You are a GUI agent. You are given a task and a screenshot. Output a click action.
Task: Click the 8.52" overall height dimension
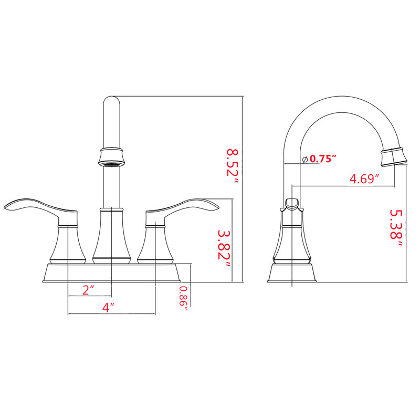(x=232, y=165)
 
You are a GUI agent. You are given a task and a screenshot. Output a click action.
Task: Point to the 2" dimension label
(x=88, y=290)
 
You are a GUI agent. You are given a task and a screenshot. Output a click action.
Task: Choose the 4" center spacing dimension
(x=108, y=307)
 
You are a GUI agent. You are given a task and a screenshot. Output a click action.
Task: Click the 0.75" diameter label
(x=323, y=159)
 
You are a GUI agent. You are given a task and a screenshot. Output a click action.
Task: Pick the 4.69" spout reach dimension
(x=364, y=178)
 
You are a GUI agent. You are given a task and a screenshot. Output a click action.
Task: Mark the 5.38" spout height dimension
(x=396, y=228)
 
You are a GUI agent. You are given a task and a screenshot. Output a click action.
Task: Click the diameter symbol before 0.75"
(x=305, y=160)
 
